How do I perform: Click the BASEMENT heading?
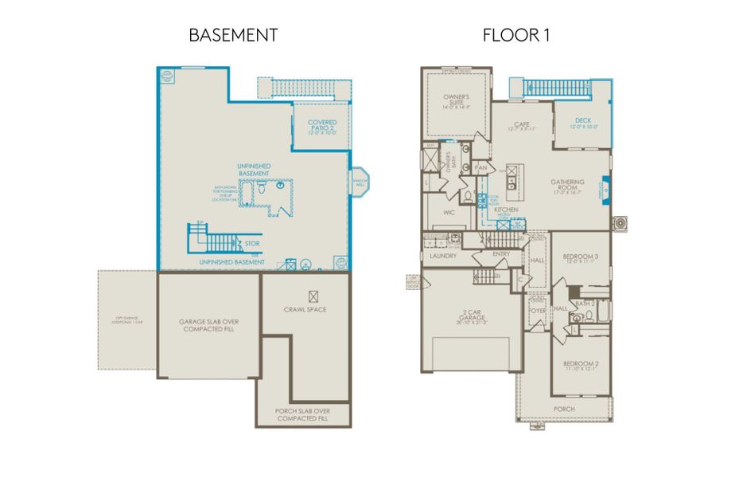233,35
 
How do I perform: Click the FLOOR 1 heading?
516,35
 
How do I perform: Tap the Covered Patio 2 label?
322,127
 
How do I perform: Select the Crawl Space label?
305,309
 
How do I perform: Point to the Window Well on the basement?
359,182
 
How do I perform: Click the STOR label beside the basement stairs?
252,243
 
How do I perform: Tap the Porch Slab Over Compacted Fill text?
303,414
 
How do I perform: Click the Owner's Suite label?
457,102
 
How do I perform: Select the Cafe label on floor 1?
522,126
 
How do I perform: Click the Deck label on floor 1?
583,123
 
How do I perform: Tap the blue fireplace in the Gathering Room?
607,185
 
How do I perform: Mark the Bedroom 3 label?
580,258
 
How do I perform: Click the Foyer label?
537,311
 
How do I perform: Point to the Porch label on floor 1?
565,409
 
